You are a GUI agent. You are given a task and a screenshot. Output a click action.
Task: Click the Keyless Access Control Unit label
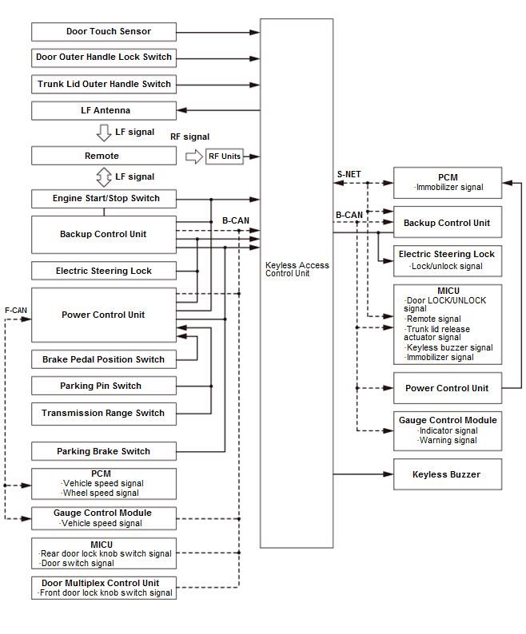coord(297,269)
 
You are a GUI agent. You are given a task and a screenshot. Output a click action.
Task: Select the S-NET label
coord(349,174)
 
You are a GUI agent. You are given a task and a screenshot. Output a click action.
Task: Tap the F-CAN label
coord(16,311)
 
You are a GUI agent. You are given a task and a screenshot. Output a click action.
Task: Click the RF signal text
coord(190,137)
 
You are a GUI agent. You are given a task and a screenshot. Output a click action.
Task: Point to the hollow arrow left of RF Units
coord(194,157)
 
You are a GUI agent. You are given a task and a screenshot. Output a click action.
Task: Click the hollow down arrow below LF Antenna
coord(104,133)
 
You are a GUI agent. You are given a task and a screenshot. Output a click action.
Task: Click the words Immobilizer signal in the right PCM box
coord(449,187)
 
